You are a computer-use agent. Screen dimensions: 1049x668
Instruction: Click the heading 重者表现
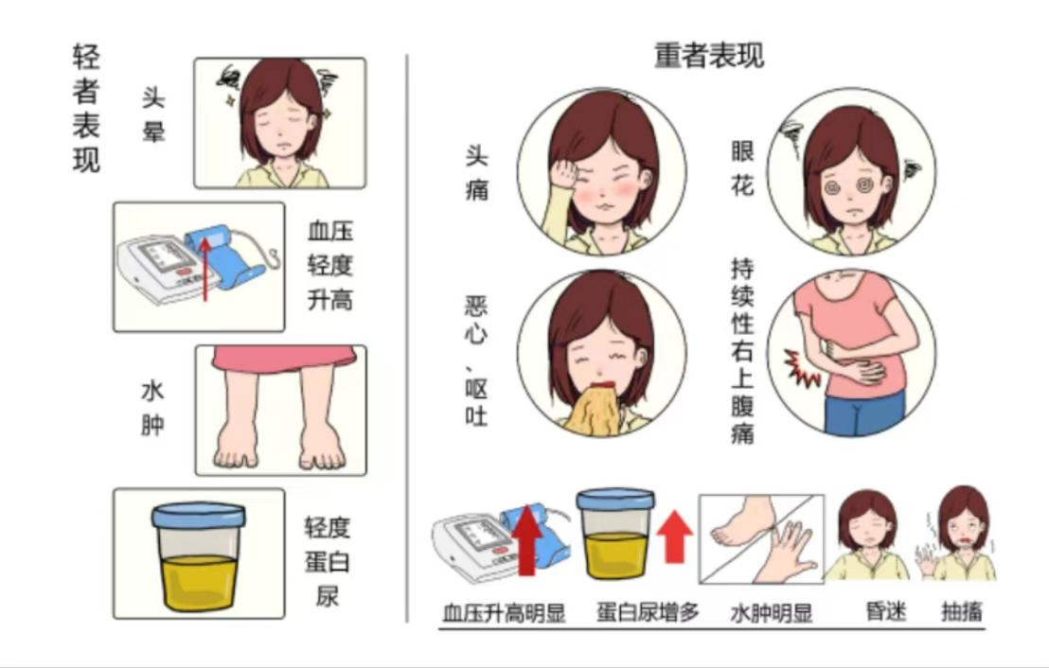click(708, 55)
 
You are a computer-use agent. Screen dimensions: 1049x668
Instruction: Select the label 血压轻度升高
click(329, 265)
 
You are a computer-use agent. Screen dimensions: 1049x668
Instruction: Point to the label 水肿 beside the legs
click(152, 408)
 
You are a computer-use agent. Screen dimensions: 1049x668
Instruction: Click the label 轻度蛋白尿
click(328, 562)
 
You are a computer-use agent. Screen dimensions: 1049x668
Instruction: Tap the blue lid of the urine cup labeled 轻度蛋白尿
click(198, 516)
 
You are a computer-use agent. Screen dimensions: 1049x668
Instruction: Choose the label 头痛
click(476, 174)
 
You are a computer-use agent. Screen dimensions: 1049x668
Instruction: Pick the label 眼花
click(742, 168)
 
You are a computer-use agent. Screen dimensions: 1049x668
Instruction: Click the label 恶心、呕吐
click(475, 361)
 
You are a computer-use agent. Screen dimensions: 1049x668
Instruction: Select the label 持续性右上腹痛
click(742, 352)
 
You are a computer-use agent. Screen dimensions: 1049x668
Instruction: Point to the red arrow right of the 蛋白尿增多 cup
click(674, 536)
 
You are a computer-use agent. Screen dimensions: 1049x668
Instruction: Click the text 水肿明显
click(771, 612)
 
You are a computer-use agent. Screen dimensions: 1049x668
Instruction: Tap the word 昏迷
click(886, 611)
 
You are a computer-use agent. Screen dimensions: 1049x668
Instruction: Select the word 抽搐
click(962, 611)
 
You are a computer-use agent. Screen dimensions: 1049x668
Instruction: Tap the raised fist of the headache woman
click(564, 174)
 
